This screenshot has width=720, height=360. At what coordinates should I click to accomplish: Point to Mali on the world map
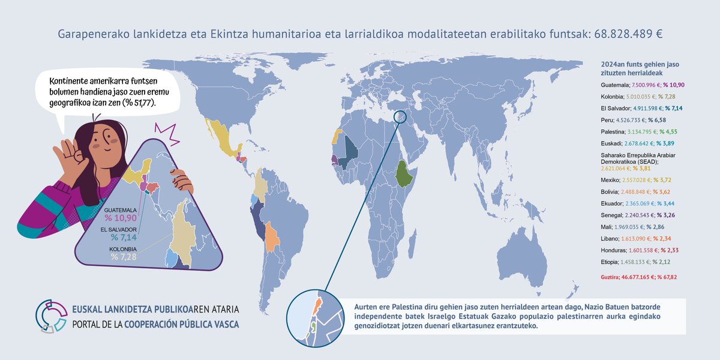347,155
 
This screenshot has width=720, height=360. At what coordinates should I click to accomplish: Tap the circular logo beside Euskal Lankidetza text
51,315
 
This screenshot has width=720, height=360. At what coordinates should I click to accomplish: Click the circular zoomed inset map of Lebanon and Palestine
314,319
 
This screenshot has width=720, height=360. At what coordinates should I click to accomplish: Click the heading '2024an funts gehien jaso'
640,64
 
